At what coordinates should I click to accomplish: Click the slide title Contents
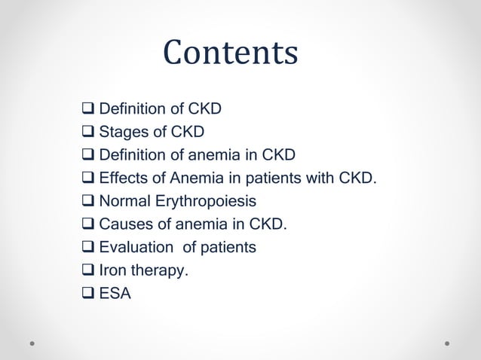[x=231, y=53]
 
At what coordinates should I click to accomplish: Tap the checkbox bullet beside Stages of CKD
[x=88, y=133]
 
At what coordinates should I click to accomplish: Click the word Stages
[x=123, y=133]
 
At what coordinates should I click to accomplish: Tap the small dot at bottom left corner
[x=32, y=343]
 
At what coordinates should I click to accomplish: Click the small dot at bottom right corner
[x=447, y=343]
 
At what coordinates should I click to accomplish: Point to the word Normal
[x=124, y=202]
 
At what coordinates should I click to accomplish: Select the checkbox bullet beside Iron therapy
[x=88, y=271]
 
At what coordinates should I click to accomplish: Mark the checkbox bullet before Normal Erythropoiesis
[x=88, y=202]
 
